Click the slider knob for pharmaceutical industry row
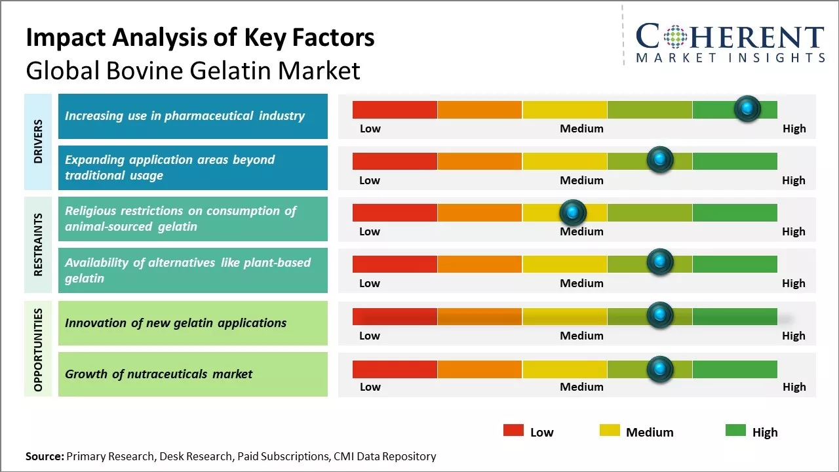pyautogui.click(x=747, y=108)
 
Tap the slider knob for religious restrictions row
pyautogui.click(x=573, y=212)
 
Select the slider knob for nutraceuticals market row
pyautogui.click(x=660, y=368)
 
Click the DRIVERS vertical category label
pyautogui.click(x=38, y=142)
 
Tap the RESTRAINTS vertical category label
pyautogui.click(x=38, y=245)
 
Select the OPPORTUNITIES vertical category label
pyautogui.click(x=38, y=349)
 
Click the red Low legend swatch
pyautogui.click(x=513, y=431)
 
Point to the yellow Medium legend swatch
pyautogui.click(x=610, y=431)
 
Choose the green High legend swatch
pyautogui.click(x=735, y=431)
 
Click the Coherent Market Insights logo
pyautogui.click(x=730, y=42)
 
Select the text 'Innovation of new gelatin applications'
pyautogui.click(x=176, y=323)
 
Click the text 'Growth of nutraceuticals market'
pyautogui.click(x=159, y=374)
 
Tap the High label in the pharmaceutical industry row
pyautogui.click(x=794, y=128)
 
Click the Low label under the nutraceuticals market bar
pyautogui.click(x=370, y=387)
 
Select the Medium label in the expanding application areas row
pyautogui.click(x=581, y=180)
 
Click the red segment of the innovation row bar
pyautogui.click(x=395, y=317)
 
